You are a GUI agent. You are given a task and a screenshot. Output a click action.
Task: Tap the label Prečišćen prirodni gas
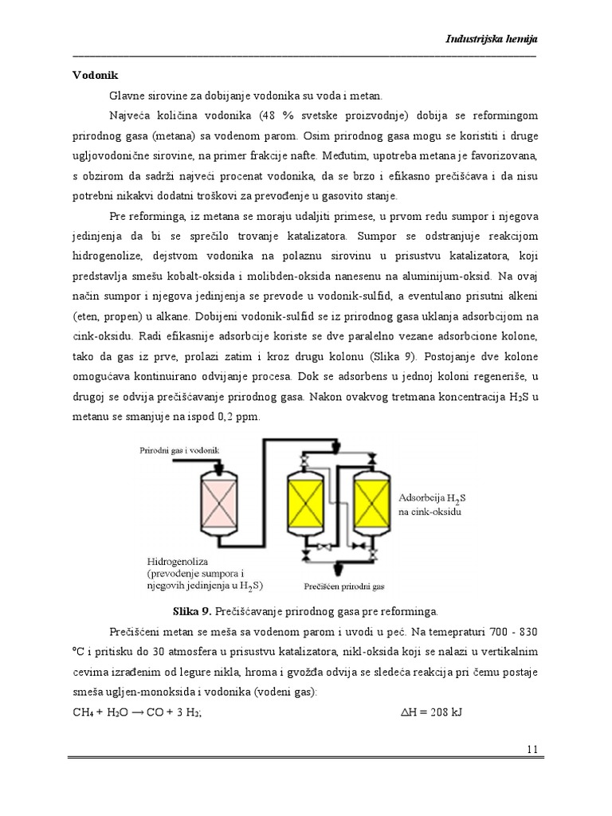pyautogui.click(x=344, y=586)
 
